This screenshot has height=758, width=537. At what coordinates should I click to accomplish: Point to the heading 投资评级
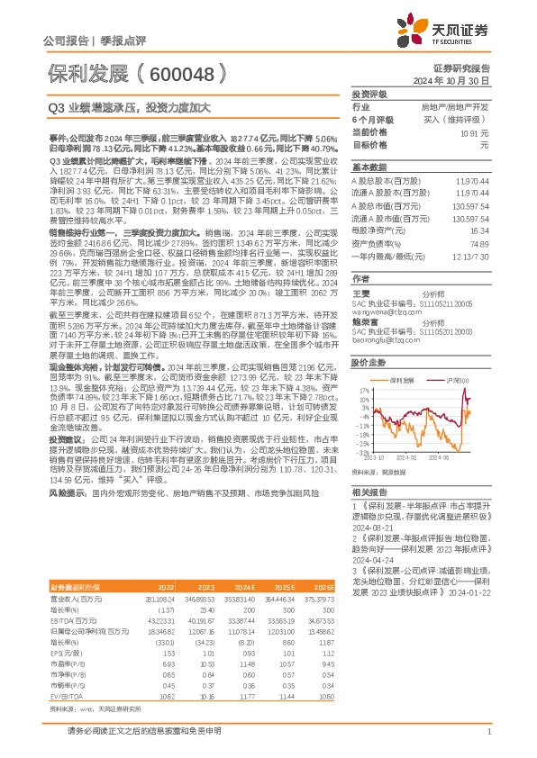click(x=369, y=94)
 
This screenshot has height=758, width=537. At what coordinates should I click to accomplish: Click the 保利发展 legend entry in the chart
click(x=402, y=382)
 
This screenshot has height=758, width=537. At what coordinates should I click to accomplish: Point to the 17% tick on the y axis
click(x=362, y=390)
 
